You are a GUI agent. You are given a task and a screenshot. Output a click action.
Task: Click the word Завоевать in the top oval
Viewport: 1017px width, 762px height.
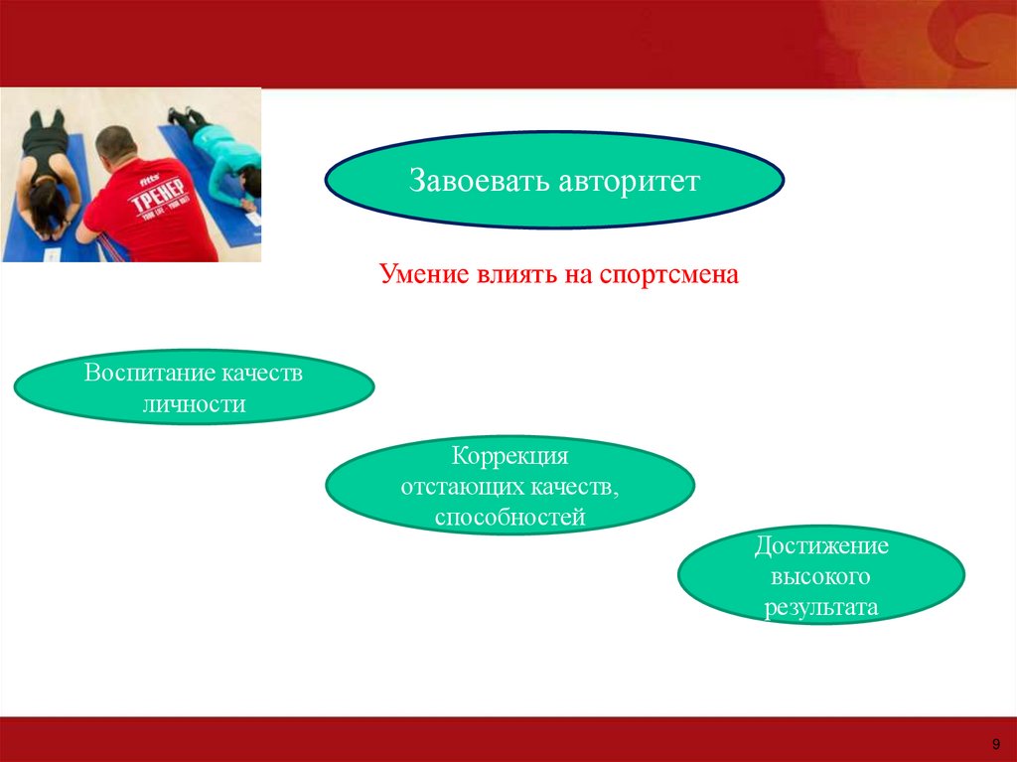(x=480, y=181)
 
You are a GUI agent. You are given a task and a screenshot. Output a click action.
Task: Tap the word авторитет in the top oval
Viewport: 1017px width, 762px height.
(x=629, y=182)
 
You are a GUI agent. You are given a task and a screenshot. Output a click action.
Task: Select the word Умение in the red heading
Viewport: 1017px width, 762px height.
(x=424, y=274)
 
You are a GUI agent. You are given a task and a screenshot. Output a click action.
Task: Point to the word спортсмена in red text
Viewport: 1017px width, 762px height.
(x=668, y=275)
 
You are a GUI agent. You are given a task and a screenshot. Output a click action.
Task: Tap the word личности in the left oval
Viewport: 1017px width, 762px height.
(x=194, y=404)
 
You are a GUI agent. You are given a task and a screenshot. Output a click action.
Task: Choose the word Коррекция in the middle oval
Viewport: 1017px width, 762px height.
(x=509, y=456)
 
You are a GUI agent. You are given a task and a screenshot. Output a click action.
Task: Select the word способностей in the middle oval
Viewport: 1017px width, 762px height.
(x=509, y=518)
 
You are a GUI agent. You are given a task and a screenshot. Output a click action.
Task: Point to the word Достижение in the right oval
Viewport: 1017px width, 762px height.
(x=821, y=545)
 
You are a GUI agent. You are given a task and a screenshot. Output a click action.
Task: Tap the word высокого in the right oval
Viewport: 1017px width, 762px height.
(x=820, y=576)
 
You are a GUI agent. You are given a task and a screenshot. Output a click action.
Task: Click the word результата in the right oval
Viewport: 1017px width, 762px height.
(x=821, y=608)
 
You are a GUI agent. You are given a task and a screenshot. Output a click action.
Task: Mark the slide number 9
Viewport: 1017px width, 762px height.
(x=996, y=744)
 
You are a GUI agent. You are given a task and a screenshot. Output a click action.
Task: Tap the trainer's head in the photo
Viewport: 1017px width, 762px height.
(x=117, y=145)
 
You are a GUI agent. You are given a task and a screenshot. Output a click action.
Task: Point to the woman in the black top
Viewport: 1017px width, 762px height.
(x=48, y=170)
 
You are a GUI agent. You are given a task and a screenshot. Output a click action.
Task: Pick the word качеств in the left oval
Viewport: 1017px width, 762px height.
(x=262, y=374)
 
